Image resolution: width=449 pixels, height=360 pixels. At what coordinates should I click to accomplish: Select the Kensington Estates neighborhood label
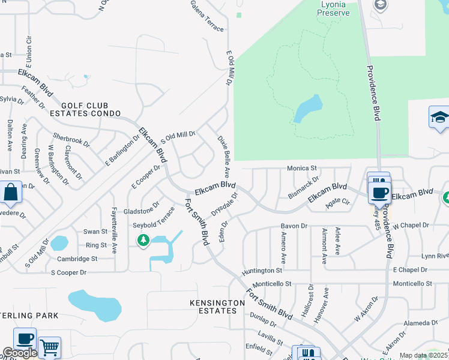click(217, 307)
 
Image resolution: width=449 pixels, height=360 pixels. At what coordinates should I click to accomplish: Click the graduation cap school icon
click(439, 116)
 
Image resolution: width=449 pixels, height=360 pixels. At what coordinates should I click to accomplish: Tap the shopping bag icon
click(11, 193)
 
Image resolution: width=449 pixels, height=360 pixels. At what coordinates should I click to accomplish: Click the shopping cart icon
click(49, 347)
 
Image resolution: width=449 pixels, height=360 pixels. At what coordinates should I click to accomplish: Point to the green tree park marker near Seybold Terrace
click(143, 241)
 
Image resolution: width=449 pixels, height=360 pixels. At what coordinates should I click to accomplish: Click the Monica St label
click(301, 169)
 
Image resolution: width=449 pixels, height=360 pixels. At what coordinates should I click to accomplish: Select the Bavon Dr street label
click(294, 226)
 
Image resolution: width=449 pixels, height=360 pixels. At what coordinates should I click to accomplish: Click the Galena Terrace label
click(207, 16)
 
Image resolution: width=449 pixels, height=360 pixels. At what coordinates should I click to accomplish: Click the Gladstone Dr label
click(141, 211)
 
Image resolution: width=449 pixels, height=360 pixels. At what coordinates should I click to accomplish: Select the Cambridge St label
click(77, 259)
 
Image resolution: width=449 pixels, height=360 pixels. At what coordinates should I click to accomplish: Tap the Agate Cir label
click(337, 202)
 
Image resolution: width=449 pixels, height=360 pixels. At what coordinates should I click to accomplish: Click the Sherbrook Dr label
click(71, 140)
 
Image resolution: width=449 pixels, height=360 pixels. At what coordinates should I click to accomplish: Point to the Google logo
click(19, 353)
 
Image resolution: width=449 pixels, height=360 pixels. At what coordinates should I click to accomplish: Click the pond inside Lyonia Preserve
click(307, 109)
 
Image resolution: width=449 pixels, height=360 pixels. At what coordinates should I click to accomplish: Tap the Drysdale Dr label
click(224, 205)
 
